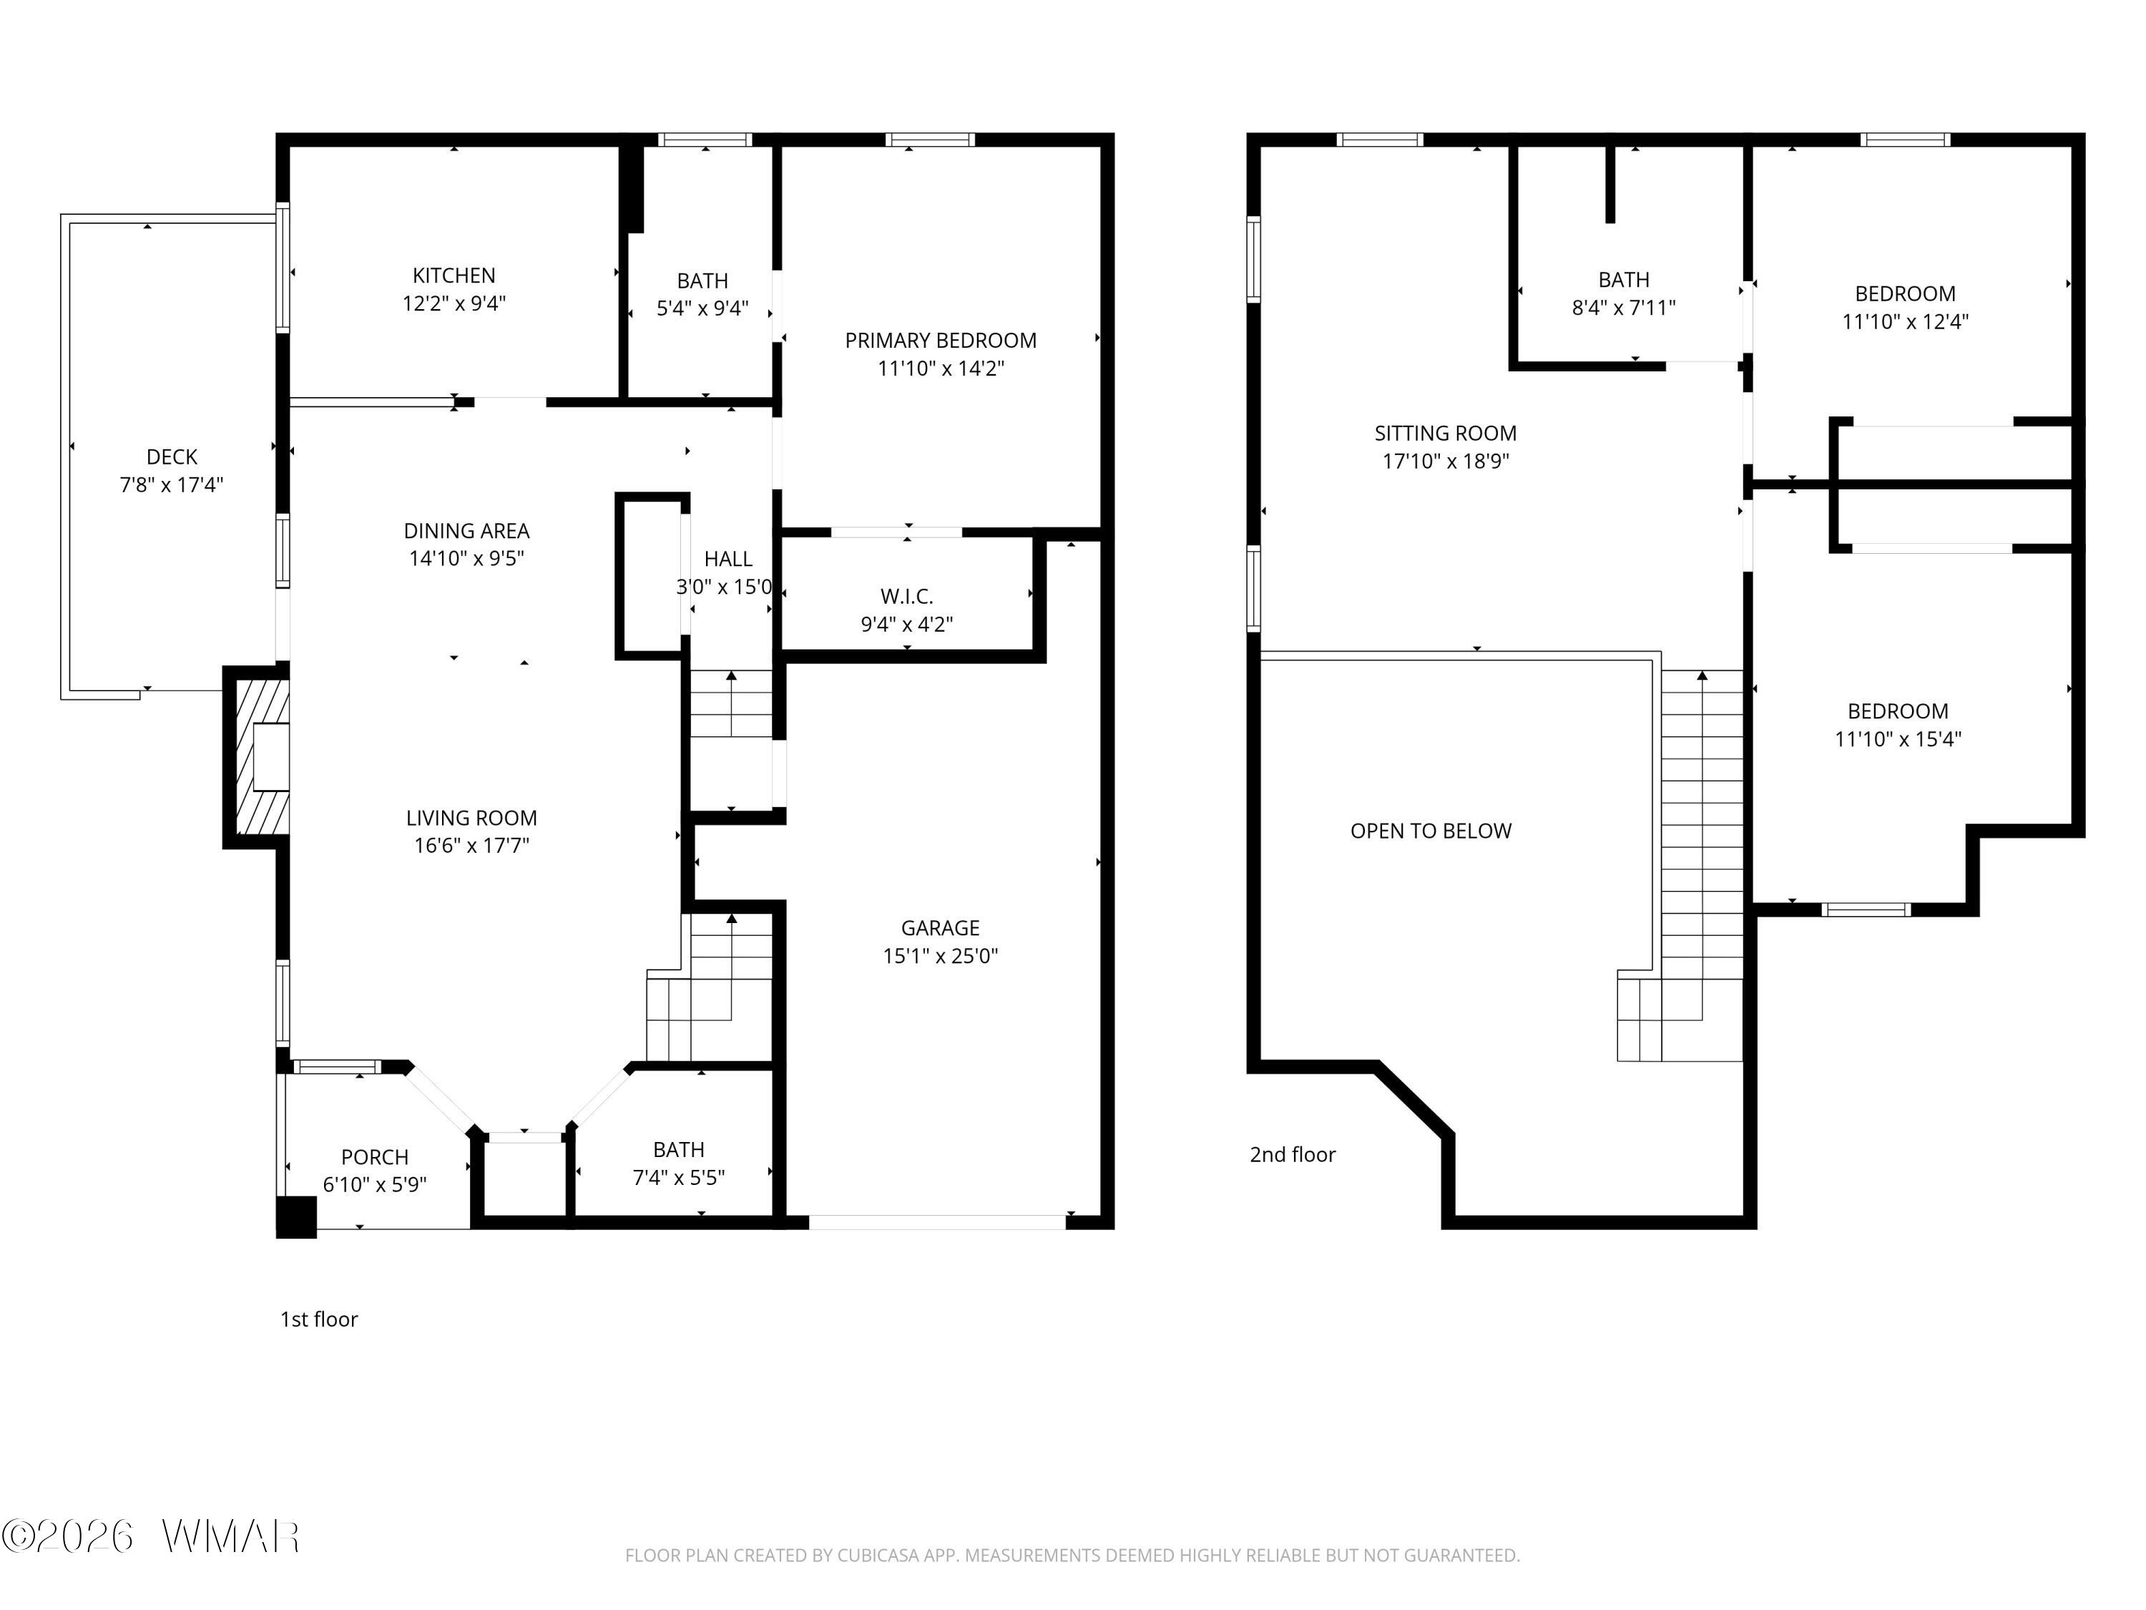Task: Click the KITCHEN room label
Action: tap(454, 275)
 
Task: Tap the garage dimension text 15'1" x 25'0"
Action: tap(940, 956)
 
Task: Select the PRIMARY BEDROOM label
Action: tap(940, 341)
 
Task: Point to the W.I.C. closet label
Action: tap(906, 597)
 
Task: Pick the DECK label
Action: tap(172, 457)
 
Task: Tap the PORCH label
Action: tap(375, 1158)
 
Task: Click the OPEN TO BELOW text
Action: tap(1431, 831)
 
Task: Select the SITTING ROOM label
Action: tap(1446, 434)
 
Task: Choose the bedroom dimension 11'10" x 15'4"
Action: tap(1898, 739)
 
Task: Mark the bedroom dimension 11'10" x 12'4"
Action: tap(1906, 322)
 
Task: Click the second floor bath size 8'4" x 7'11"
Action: tap(1624, 308)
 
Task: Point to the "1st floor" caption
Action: tap(319, 1319)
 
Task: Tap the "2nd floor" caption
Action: tap(1293, 1155)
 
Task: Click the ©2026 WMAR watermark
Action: tap(150, 1536)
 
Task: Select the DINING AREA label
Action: tap(466, 531)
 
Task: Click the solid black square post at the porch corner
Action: tap(297, 1217)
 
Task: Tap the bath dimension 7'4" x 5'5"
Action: tap(679, 1178)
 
